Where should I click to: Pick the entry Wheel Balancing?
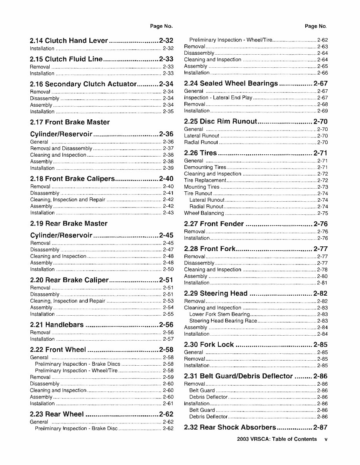point(204,213)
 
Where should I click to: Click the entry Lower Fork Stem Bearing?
point(219,314)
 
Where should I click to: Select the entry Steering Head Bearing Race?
point(223,321)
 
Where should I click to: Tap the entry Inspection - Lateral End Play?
point(218,98)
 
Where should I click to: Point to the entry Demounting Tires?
point(205,167)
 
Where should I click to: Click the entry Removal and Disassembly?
point(61,149)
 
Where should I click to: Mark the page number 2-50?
point(168,269)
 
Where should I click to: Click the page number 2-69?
point(322,111)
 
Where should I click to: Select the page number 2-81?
point(322,283)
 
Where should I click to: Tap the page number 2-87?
point(320,427)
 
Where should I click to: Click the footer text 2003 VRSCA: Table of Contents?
point(277,439)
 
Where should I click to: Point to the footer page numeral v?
point(326,439)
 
